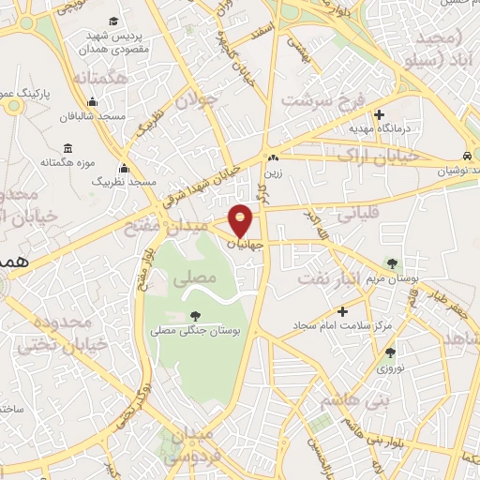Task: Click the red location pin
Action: click(242, 219)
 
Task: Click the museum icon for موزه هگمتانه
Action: click(68, 149)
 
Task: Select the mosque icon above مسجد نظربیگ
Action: click(124, 169)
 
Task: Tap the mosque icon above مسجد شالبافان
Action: click(92, 103)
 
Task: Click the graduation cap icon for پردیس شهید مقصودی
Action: click(113, 22)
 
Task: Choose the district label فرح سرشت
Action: click(321, 100)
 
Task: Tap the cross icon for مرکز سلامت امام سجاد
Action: click(343, 311)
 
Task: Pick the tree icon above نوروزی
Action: click(390, 352)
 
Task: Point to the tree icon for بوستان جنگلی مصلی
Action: click(195, 316)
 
